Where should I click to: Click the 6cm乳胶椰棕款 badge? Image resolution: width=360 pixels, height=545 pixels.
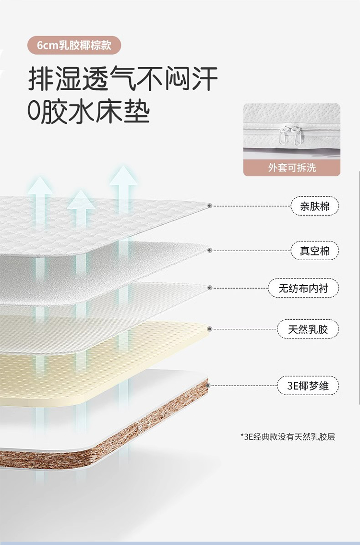[73, 45]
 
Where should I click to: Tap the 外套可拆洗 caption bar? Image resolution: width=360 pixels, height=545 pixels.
[292, 168]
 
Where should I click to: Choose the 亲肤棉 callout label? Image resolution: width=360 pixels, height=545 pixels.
[315, 206]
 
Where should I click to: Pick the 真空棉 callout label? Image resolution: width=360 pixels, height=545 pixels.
[315, 251]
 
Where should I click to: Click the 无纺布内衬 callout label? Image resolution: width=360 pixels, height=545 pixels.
[304, 288]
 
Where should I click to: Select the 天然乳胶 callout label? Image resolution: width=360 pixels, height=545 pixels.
[308, 329]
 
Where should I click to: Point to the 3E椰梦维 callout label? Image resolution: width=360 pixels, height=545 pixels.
[308, 385]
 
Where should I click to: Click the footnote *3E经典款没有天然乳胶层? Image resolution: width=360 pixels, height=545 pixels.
[288, 436]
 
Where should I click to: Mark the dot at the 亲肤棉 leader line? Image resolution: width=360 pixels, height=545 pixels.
[210, 206]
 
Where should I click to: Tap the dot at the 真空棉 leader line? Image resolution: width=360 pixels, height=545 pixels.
[210, 250]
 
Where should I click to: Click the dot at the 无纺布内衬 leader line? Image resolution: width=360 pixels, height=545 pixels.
[210, 288]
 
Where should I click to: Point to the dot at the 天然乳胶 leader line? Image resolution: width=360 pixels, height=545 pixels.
[210, 329]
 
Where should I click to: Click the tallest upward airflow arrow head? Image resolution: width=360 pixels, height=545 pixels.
[123, 176]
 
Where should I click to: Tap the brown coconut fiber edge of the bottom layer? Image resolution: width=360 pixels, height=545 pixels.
[144, 427]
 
